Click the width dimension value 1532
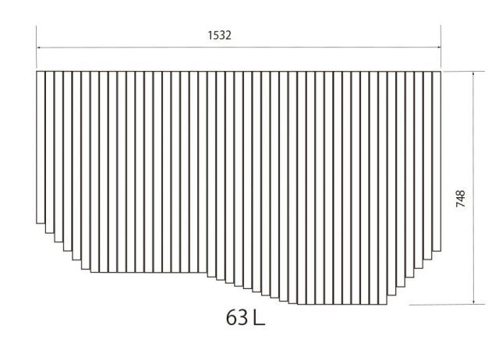point(220,35)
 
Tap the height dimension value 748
point(461,199)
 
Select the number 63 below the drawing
point(237,317)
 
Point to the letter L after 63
point(260,317)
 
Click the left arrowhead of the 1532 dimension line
point(39,48)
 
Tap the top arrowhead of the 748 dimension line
point(473,74)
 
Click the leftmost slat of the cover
point(41,147)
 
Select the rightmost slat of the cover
point(437,161)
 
